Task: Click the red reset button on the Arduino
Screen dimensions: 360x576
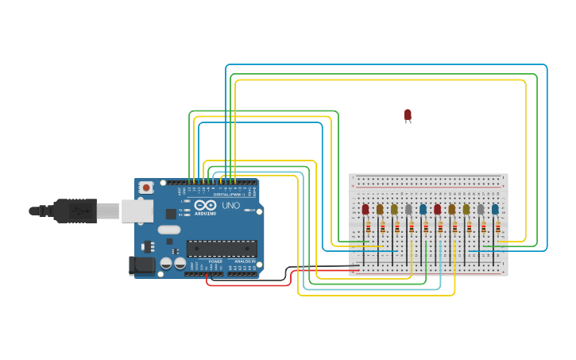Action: coord(146,188)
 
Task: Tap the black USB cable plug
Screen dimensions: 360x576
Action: coord(75,211)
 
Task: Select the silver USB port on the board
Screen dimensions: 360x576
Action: coord(137,211)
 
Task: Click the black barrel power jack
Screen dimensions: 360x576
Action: coord(143,265)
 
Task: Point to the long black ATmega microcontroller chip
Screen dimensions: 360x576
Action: coord(222,248)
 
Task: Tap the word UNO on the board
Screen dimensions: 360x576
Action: coord(230,205)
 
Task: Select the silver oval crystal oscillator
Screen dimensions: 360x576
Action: coord(168,230)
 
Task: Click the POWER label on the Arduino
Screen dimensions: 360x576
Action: coord(215,261)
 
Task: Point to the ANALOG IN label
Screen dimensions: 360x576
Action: coord(245,261)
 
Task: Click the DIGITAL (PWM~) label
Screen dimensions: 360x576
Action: coord(226,194)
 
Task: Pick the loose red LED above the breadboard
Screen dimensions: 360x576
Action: coord(408,115)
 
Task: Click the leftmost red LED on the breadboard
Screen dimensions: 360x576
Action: coord(365,210)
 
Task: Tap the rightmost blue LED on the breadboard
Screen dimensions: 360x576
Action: coord(495,210)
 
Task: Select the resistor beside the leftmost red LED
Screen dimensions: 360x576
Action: coord(369,227)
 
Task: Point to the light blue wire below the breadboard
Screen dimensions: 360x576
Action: coord(373,289)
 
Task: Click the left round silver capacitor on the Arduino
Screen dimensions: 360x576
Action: coord(166,262)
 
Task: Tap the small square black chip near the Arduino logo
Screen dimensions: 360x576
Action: coord(171,214)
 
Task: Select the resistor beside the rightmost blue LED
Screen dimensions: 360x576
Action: coord(498,227)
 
